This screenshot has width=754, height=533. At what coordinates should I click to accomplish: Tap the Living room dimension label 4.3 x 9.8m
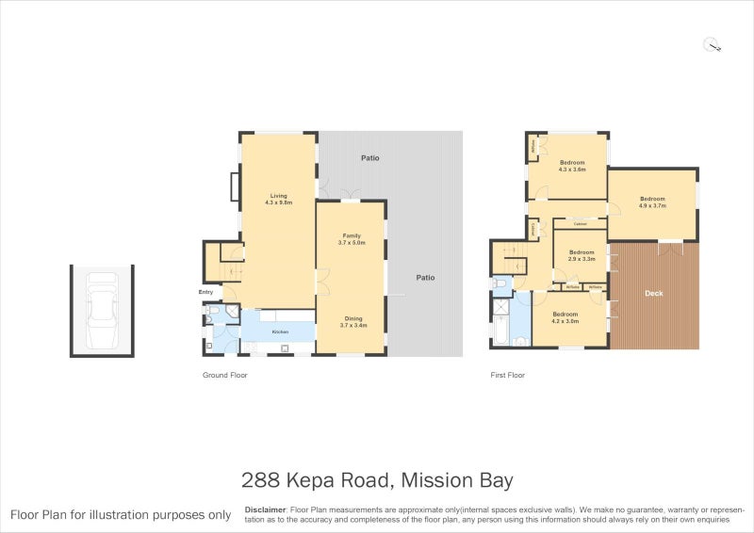[279, 202]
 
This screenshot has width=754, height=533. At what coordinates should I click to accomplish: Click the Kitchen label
[280, 332]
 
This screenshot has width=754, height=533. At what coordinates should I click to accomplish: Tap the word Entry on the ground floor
[206, 292]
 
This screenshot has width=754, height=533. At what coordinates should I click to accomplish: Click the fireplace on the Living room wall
[235, 186]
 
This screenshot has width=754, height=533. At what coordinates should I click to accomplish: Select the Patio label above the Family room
[370, 158]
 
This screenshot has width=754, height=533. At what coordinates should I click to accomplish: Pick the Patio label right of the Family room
[426, 278]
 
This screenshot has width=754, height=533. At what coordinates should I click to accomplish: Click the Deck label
[654, 293]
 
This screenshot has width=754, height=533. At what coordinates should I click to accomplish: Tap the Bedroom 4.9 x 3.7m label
[653, 199]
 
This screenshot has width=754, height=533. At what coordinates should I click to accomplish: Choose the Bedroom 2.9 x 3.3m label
[582, 252]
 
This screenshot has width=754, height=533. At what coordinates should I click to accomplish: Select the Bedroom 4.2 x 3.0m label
[565, 314]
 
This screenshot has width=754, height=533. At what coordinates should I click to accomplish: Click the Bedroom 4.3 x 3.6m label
[572, 163]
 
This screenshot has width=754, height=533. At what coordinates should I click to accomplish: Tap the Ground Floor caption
[225, 375]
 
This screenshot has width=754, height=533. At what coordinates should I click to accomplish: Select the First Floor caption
[507, 375]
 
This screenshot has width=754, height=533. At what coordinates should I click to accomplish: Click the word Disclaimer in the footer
[265, 509]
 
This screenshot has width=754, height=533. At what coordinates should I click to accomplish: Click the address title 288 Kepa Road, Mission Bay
[377, 480]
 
